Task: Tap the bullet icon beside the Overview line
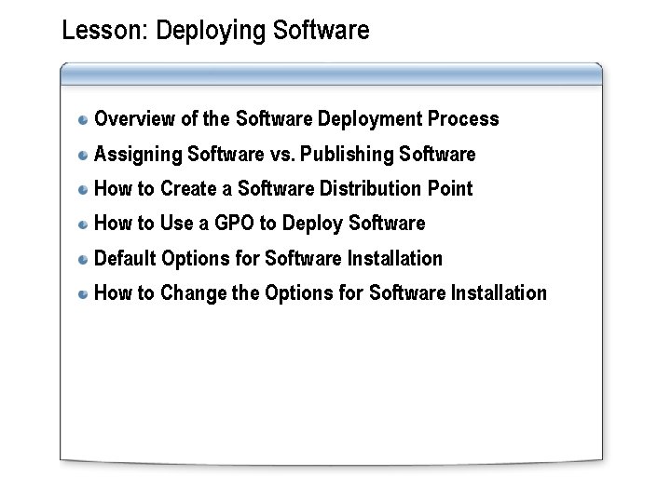[84, 119]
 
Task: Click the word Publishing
[347, 154]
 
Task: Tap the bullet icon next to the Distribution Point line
[84, 189]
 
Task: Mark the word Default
[126, 258]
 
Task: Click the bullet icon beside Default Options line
[84, 259]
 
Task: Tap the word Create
[188, 189]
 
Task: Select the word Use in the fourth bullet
[176, 224]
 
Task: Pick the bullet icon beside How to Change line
[84, 293]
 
